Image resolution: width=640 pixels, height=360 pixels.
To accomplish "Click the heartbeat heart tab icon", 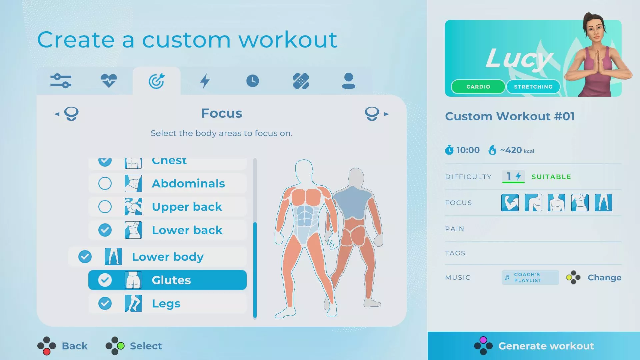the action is coord(109,81).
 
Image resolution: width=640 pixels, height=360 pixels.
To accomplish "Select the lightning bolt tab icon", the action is coord(205,81).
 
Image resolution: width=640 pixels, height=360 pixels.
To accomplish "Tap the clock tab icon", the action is coord(253,81).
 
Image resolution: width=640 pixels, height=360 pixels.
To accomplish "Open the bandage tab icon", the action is coord(301,81).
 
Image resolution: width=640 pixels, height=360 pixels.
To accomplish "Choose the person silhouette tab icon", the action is coord(349,81).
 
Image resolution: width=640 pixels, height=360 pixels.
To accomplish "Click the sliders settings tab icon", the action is coord(61,81).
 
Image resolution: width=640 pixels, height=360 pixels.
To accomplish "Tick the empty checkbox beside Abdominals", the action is coord(105,183).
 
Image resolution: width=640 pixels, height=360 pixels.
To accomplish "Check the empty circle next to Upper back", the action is coord(105,207).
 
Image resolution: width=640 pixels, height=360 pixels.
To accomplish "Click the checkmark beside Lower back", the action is coord(105,230).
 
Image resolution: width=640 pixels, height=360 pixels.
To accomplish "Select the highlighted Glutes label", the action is coord(171,280).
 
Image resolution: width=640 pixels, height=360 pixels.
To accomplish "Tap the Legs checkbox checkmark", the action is coord(105,303).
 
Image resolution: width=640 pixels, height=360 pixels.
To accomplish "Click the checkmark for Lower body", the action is coord(85,257).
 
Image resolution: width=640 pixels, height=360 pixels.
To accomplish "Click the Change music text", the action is coord(604,277).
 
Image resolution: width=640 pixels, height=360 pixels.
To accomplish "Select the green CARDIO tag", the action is coord(478,87).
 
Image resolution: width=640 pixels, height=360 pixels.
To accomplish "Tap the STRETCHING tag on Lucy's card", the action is coord(533,87).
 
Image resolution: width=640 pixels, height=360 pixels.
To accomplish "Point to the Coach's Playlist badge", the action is coord(530,277).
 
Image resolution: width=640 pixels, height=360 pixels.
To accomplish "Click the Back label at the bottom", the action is coord(75,346).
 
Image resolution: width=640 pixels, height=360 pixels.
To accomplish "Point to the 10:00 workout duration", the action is coord(468,150).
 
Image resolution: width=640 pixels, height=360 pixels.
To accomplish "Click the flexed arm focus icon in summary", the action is coord(510,203).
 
